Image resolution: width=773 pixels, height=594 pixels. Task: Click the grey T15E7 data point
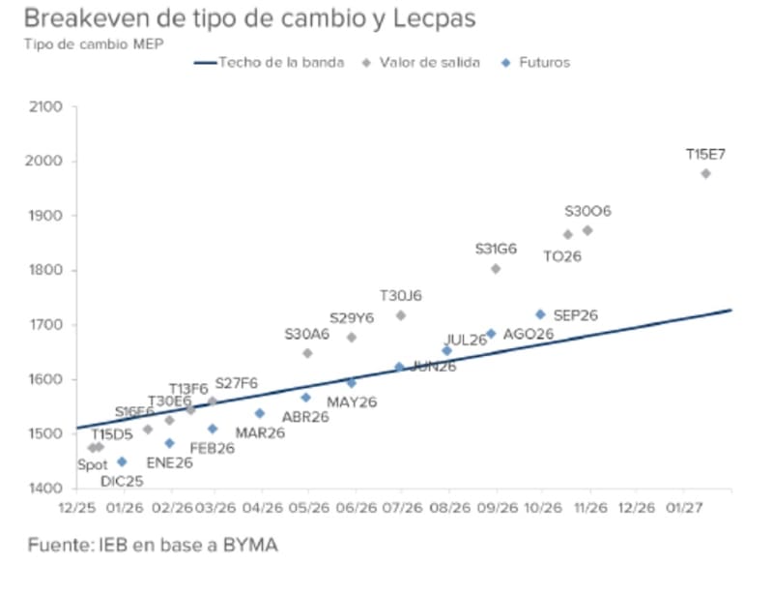point(705,173)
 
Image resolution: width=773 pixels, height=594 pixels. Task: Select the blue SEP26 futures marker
point(540,314)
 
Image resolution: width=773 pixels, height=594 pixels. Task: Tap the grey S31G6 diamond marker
point(496,269)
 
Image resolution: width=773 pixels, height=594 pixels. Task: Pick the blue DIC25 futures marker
point(122,461)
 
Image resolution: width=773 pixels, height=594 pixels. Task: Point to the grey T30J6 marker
point(401,315)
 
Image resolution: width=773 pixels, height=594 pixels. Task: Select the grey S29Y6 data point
point(352,338)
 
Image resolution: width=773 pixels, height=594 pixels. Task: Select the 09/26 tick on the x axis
point(496,506)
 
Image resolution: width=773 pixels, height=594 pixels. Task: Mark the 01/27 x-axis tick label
point(684,506)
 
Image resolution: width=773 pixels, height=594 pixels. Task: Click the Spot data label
point(93,464)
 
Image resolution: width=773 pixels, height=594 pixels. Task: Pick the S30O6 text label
point(587,211)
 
